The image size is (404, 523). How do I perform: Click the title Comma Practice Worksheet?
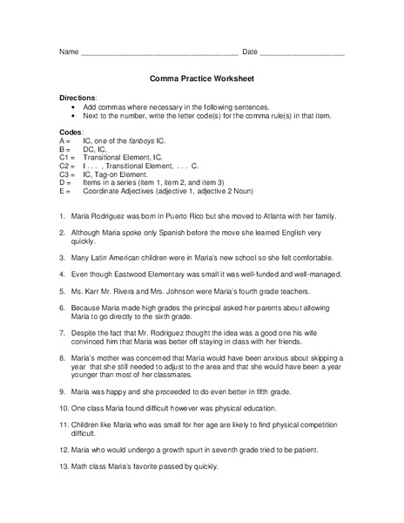[201, 78]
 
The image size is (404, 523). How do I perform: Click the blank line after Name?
[159, 54]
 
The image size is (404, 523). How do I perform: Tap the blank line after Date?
[302, 54]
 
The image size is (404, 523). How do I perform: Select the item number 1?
[63, 216]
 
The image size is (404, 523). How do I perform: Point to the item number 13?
[64, 466]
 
